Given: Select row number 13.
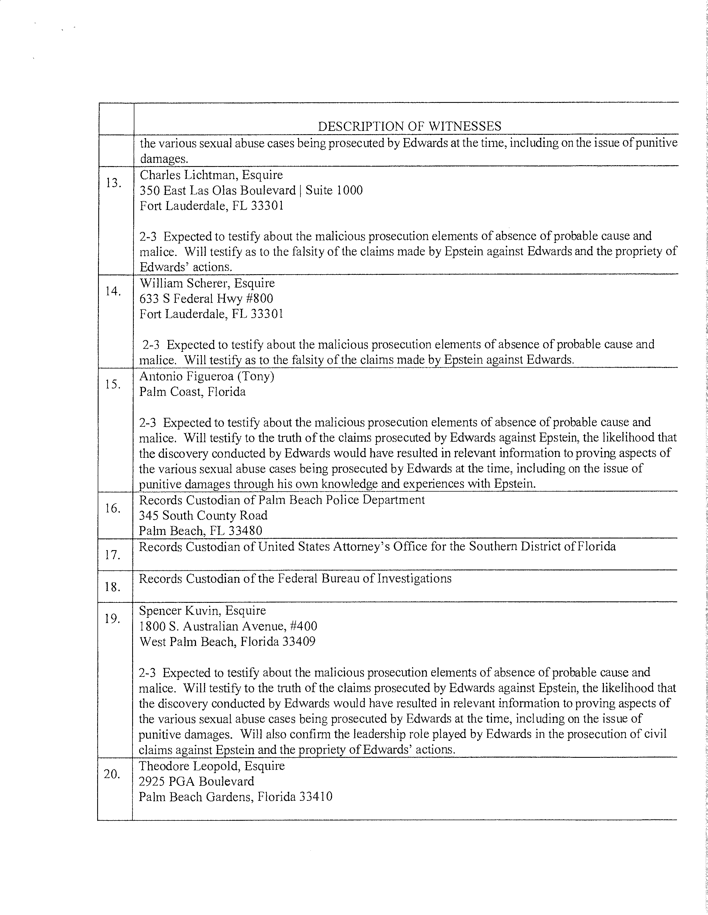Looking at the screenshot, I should pos(114,183).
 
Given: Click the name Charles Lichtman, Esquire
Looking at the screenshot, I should pos(211,175).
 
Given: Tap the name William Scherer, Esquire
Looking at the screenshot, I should pos(207,283).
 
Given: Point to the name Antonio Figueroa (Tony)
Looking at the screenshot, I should pos(207,376).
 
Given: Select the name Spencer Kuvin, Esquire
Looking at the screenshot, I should pos(203,611).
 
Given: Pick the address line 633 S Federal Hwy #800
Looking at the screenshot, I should pos(206,299).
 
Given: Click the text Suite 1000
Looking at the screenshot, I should pos(334,191).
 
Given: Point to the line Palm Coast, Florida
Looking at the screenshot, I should pos(192,392).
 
